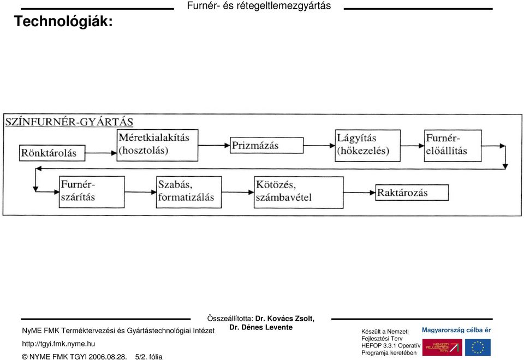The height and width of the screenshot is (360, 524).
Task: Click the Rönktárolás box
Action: [x=52, y=153]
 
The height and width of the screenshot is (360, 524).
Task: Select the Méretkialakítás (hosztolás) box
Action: [x=157, y=145]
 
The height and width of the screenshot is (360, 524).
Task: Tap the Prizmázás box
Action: [x=267, y=145]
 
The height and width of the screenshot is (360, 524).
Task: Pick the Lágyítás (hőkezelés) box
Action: [x=367, y=146]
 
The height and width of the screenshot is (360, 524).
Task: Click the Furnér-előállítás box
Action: [x=453, y=146]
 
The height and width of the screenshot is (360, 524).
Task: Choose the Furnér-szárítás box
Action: [x=92, y=192]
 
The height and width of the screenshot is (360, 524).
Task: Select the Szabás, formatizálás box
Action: [x=189, y=192]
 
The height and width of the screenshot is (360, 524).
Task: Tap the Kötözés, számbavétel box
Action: [x=299, y=193]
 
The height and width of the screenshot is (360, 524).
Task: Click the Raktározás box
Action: [x=412, y=193]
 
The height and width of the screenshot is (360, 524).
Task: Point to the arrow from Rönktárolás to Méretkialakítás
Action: [x=101, y=153]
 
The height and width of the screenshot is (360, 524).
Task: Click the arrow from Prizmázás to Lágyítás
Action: [x=319, y=146]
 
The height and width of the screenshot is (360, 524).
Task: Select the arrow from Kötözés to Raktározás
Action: [x=360, y=193]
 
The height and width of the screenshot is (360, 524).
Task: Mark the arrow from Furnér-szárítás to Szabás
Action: [x=140, y=192]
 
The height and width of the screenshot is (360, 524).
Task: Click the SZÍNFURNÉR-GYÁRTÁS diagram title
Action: [x=69, y=122]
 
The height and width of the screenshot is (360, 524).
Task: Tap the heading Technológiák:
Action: [x=63, y=21]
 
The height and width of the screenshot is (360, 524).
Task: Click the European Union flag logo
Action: [x=478, y=347]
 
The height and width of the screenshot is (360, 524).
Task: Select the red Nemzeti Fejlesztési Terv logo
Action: [x=442, y=347]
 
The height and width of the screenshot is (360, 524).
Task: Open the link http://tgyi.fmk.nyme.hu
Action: [x=58, y=344]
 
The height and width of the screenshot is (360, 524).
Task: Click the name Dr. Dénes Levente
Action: [x=261, y=327]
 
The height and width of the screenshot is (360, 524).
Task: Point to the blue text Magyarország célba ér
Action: [x=456, y=330]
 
